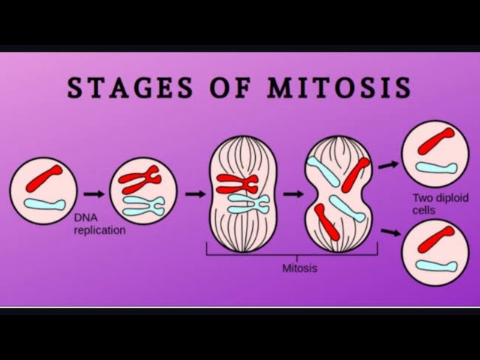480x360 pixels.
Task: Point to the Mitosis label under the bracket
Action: (x=299, y=267)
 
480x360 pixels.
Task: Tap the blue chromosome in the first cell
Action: (x=44, y=202)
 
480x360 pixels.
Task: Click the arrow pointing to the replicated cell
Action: (x=94, y=193)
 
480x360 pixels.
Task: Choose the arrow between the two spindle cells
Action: (x=293, y=193)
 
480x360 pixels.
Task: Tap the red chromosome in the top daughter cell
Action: (x=436, y=140)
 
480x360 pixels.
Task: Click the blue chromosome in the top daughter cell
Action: (x=436, y=166)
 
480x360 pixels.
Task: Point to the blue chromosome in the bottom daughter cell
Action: (x=436, y=265)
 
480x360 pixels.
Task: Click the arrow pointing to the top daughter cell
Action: (x=388, y=164)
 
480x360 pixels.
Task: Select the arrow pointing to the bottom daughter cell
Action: (x=390, y=232)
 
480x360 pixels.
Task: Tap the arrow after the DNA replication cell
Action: (x=195, y=193)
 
